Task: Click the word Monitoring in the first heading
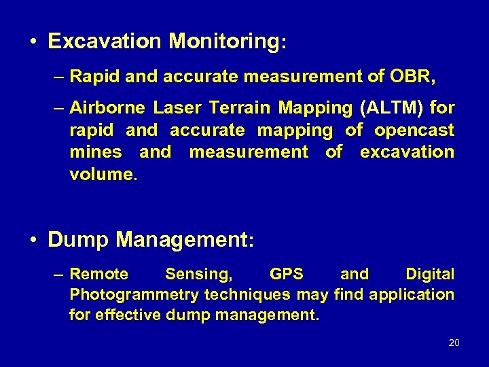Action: point(224,42)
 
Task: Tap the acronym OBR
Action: point(410,77)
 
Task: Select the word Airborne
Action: point(107,107)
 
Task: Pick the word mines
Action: point(96,152)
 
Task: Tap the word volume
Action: point(102,174)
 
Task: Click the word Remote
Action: point(99,274)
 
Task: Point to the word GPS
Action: point(287,274)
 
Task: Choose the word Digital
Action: point(430,274)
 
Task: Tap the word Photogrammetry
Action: point(134,294)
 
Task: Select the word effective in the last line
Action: point(133,315)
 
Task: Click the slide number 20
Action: point(454,343)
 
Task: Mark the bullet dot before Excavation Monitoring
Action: point(33,42)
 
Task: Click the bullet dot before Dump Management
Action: point(33,240)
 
